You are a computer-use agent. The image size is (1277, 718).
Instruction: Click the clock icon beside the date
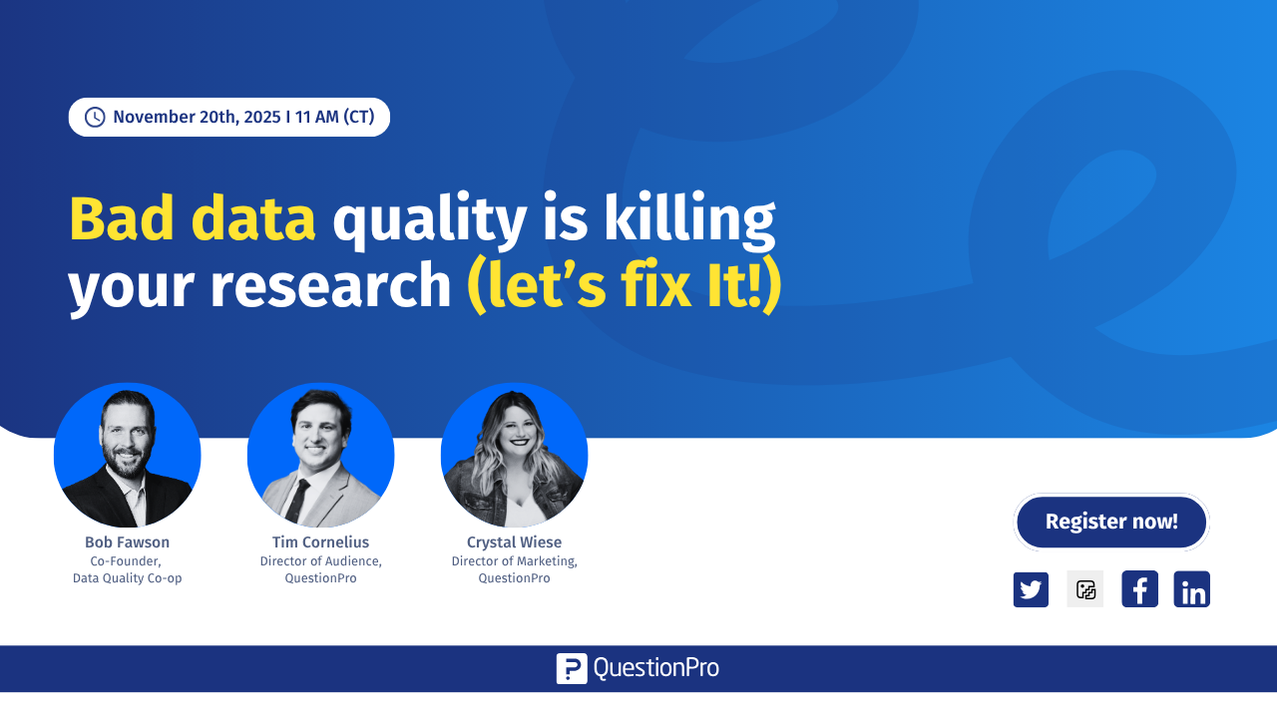click(x=95, y=118)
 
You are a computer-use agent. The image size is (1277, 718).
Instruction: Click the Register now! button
click(x=1111, y=522)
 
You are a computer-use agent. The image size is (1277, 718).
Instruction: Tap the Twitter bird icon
click(x=1031, y=589)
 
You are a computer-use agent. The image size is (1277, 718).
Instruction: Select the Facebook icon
click(x=1139, y=589)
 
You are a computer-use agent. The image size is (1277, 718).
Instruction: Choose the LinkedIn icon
click(x=1192, y=589)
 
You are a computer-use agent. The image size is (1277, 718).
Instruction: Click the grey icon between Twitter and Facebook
click(x=1085, y=589)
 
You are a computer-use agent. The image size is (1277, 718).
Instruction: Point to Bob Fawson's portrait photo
click(x=128, y=456)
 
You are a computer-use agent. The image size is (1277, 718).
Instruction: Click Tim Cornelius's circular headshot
click(x=320, y=456)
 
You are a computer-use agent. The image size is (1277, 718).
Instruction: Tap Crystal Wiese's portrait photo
click(x=514, y=456)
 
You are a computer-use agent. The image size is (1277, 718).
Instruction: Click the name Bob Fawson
click(x=127, y=542)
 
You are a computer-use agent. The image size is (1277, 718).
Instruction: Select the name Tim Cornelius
click(x=320, y=542)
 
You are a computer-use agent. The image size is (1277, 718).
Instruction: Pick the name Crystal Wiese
click(x=514, y=542)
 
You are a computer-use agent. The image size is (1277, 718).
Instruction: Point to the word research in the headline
click(x=330, y=286)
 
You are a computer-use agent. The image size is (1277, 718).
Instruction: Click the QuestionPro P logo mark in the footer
click(x=572, y=668)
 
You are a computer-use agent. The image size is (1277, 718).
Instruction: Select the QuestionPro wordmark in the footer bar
click(x=655, y=668)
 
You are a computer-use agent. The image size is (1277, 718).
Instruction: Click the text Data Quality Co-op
click(x=127, y=578)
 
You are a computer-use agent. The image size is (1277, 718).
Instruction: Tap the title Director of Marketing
click(x=514, y=560)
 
